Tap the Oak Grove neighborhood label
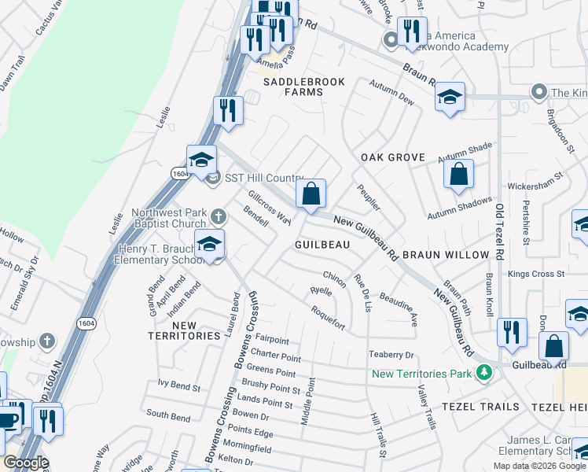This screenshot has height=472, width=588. (393, 157)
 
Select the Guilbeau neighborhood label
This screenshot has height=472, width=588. (322, 245)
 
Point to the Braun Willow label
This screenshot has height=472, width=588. (441, 256)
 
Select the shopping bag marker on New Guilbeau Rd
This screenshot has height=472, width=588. (311, 194)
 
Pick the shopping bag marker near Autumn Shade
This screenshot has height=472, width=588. (458, 175)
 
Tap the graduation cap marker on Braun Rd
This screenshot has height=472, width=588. (450, 98)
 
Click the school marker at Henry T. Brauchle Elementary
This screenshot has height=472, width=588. (209, 245)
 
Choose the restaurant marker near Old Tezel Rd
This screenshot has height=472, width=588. (512, 332)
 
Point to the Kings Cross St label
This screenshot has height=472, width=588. (537, 275)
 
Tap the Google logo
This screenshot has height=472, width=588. (26, 463)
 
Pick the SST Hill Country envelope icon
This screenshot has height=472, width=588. (214, 179)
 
